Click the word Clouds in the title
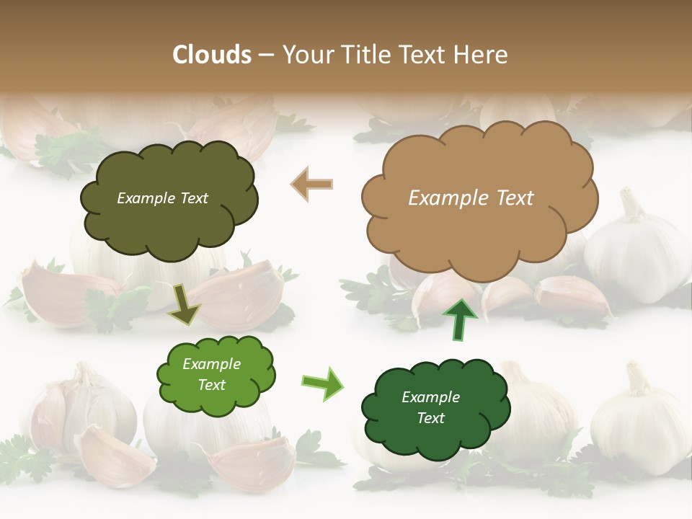click(212, 55)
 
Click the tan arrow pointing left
click(312, 185)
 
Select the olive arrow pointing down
click(185, 303)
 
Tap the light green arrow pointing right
click(322, 383)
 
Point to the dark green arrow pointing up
click(458, 319)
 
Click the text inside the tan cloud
click(471, 198)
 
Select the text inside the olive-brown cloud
click(162, 198)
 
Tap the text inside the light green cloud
click(212, 374)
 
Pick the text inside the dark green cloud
click(431, 407)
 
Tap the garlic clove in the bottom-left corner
click(115, 454)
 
